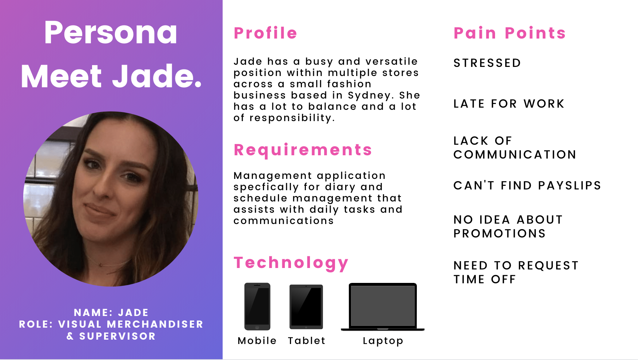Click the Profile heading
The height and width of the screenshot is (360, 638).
pyautogui.click(x=266, y=33)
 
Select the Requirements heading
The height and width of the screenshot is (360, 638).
pyautogui.click(x=303, y=150)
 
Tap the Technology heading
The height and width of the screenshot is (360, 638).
pyautogui.click(x=291, y=263)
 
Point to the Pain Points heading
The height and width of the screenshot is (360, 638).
pyautogui.click(x=510, y=33)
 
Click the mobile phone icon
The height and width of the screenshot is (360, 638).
pyautogui.click(x=257, y=307)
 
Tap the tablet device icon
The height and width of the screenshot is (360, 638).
pyautogui.click(x=306, y=307)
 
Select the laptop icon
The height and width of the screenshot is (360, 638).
pyautogui.click(x=383, y=307)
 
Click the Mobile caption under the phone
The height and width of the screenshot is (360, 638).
pyautogui.click(x=257, y=341)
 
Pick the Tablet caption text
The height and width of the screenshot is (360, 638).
pyautogui.click(x=307, y=341)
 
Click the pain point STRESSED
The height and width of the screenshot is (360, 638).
pyautogui.click(x=487, y=63)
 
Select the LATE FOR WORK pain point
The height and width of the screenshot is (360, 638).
pyautogui.click(x=509, y=104)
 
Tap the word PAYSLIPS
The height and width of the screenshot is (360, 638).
pyautogui.click(x=570, y=185)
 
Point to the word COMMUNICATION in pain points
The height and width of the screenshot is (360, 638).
pyautogui.click(x=515, y=155)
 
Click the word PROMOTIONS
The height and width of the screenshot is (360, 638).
pyautogui.click(x=499, y=233)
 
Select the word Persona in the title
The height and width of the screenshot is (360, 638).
pyautogui.click(x=111, y=33)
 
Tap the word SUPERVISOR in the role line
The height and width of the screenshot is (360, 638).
pyautogui.click(x=117, y=336)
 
